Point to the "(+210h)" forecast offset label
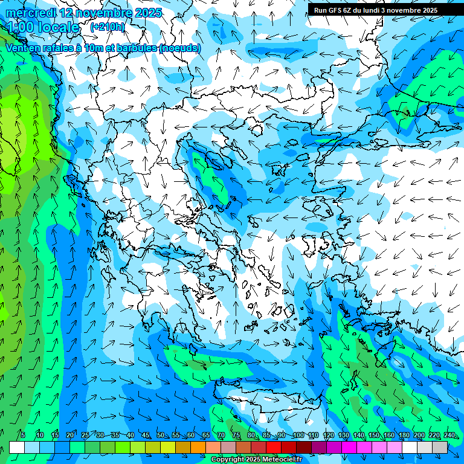(x=107, y=27)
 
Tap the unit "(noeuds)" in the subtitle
(x=179, y=48)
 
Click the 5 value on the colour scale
(x=22, y=435)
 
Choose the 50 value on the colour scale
(x=160, y=435)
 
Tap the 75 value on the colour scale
(x=236, y=435)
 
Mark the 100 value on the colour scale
(x=298, y=435)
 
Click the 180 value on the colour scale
(x=403, y=435)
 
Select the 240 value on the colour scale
(x=449, y=435)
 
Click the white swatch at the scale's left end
(x=17, y=447)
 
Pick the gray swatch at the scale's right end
(x=440, y=447)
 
